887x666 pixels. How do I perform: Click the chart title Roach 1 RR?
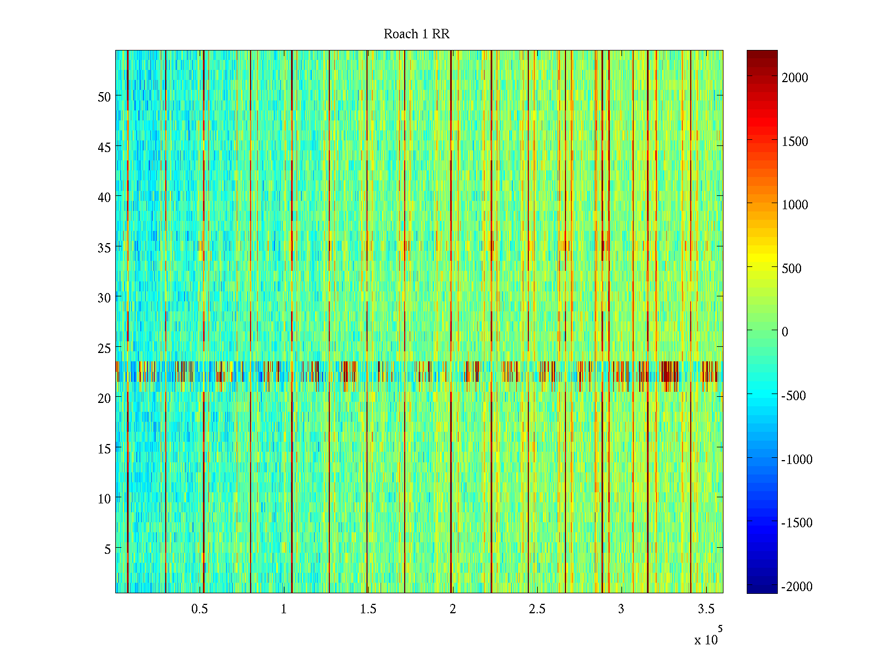[416, 34]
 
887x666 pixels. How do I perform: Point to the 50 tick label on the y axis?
[104, 97]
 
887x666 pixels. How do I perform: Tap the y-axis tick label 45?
[104, 147]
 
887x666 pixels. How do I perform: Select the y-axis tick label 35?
[104, 248]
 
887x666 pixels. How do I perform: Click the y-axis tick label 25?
[104, 348]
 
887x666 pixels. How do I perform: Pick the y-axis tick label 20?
[104, 398]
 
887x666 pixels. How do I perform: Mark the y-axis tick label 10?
[104, 498]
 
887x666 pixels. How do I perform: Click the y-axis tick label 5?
[108, 549]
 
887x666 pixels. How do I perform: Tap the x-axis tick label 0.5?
[200, 609]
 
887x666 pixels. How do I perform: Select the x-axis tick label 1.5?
[368, 609]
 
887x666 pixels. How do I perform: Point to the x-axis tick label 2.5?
[537, 609]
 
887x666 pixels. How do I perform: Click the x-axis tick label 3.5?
[706, 609]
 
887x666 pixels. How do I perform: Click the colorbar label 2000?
[795, 78]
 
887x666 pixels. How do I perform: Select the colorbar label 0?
[784, 332]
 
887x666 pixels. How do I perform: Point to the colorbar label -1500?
[797, 523]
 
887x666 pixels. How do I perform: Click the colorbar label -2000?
[797, 587]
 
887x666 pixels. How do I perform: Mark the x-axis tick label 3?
[621, 609]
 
